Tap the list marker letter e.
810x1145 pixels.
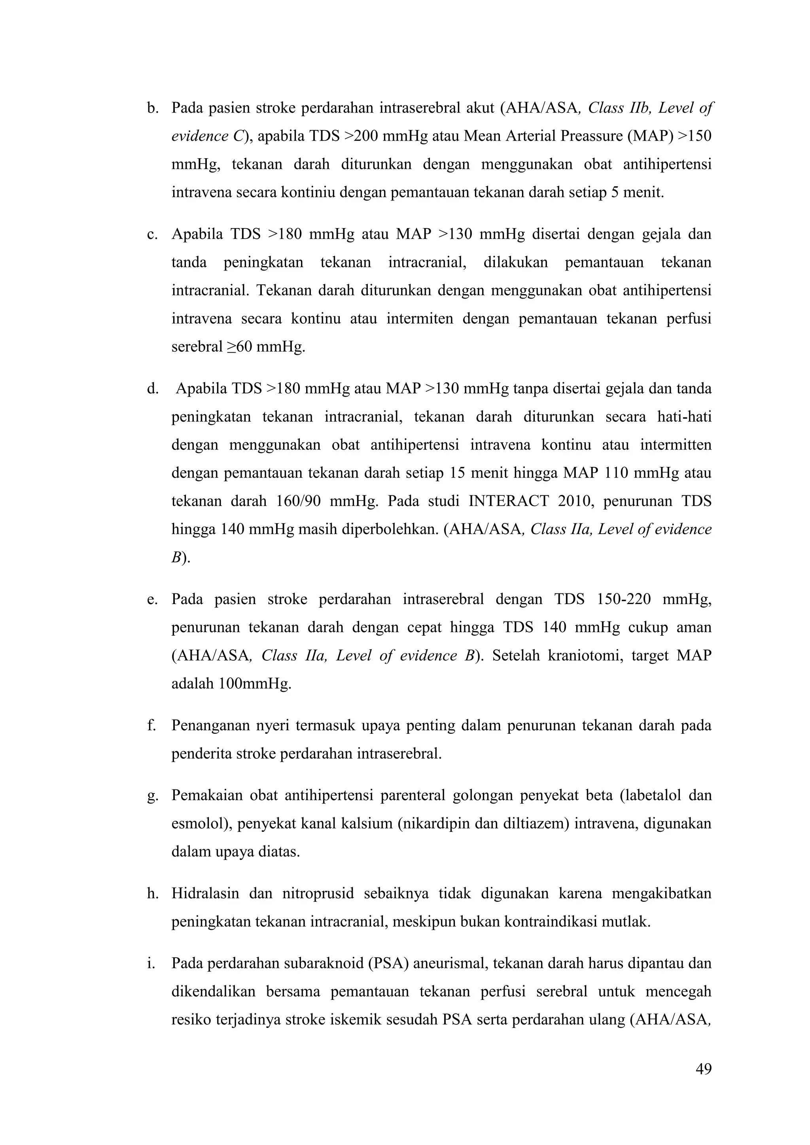pos(151,599)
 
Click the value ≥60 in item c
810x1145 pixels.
pos(237,347)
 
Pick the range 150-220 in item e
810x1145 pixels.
pos(623,599)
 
